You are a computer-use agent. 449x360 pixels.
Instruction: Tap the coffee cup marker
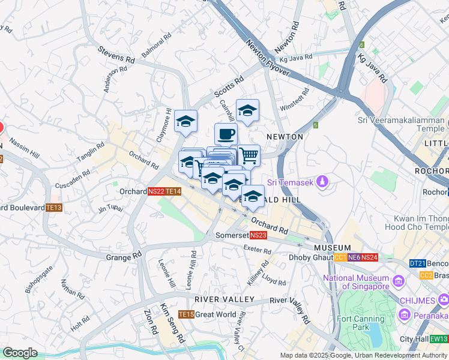click(x=226, y=134)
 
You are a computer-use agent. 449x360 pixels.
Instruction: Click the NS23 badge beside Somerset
click(x=258, y=236)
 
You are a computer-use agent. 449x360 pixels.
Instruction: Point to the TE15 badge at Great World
click(x=186, y=314)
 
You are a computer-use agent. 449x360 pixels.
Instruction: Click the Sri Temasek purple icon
click(x=323, y=181)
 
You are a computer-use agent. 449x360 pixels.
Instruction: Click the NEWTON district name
click(x=285, y=137)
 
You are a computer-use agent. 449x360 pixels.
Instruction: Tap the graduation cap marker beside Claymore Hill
click(x=186, y=121)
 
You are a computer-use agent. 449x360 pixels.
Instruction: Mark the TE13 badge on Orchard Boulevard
click(x=54, y=208)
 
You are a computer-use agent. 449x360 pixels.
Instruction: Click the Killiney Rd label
click(x=256, y=272)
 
